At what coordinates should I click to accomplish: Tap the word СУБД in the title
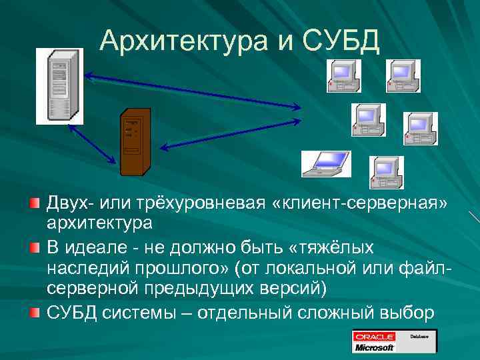pyautogui.click(x=341, y=41)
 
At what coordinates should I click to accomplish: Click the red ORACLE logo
pyautogui.click(x=375, y=337)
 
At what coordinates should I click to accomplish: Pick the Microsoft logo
pyautogui.click(x=375, y=347)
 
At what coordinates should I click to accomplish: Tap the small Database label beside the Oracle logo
pyautogui.click(x=419, y=337)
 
